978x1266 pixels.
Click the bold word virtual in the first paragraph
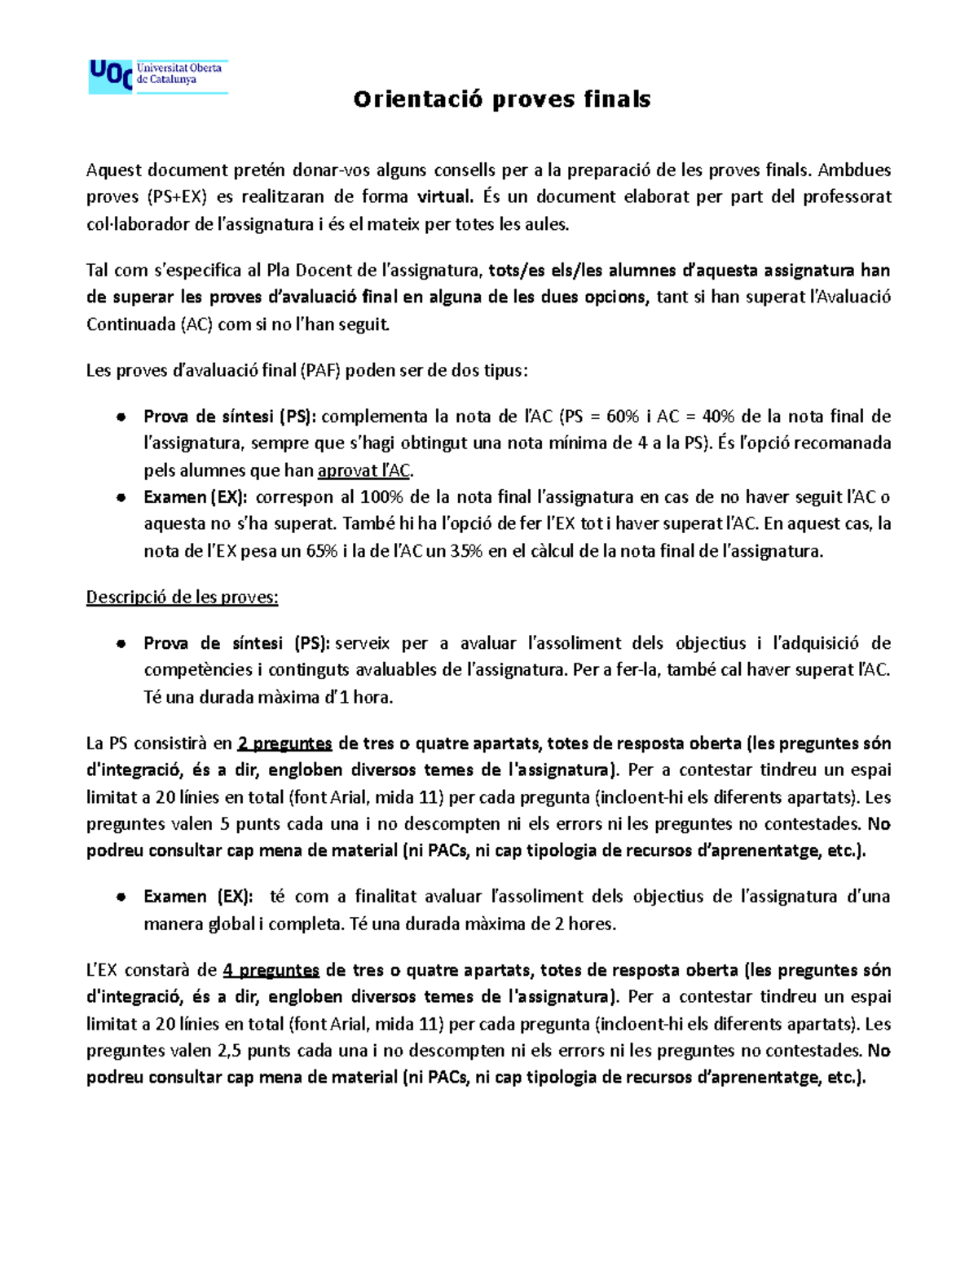click(443, 196)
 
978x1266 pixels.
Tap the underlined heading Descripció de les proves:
click(182, 598)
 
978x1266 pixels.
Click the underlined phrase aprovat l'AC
click(364, 470)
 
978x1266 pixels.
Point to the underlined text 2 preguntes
click(284, 743)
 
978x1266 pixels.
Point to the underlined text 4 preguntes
click(271, 970)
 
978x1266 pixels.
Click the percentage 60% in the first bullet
click(622, 417)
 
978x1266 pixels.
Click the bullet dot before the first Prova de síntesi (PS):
click(120, 417)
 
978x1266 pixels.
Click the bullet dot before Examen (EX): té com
click(120, 897)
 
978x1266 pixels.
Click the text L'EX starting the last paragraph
click(103, 970)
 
